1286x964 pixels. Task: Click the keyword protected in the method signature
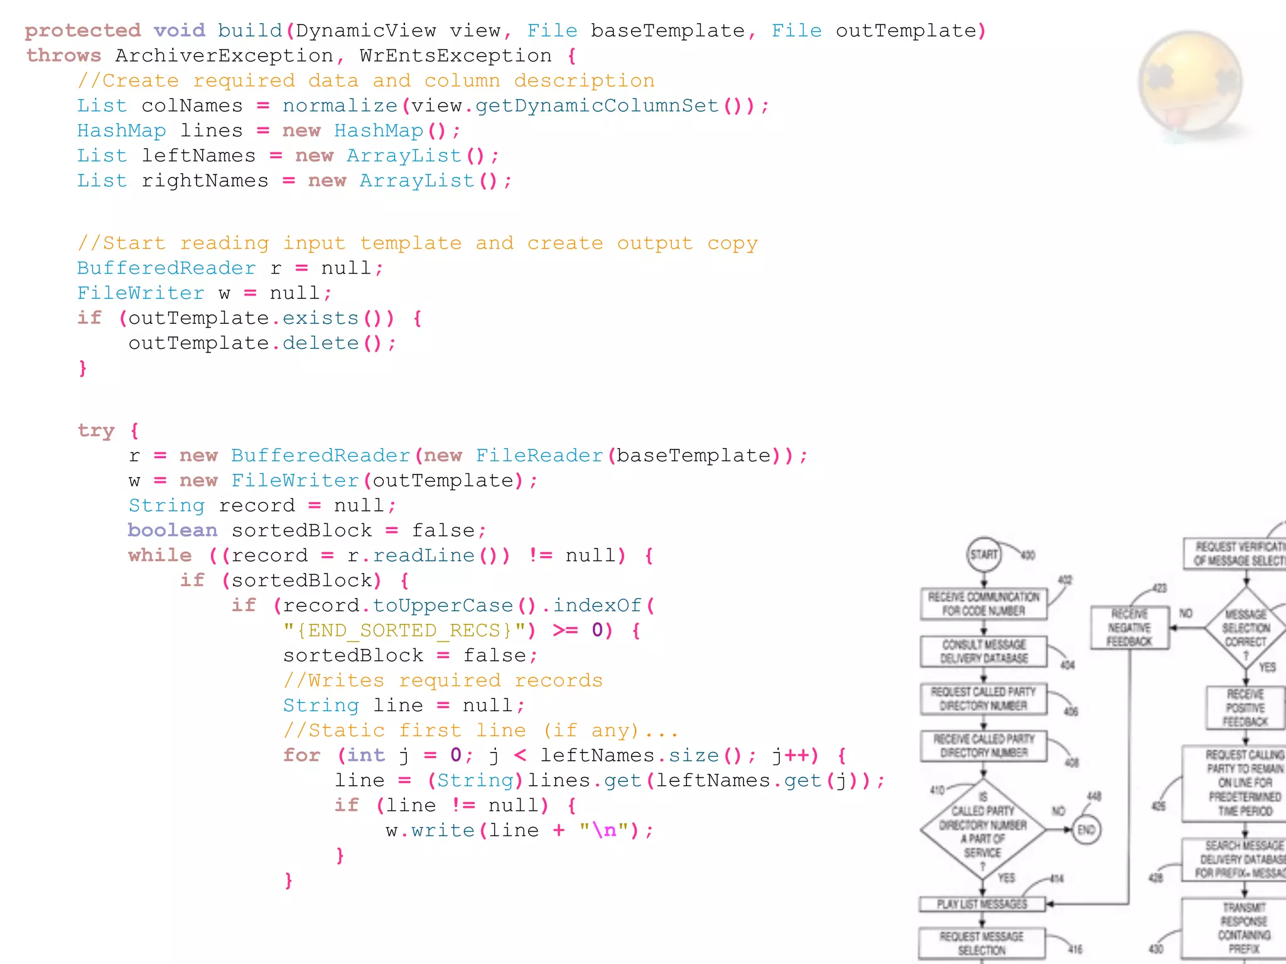tap(82, 31)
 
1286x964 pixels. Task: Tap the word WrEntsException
tap(455, 56)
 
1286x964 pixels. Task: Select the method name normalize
tap(340, 106)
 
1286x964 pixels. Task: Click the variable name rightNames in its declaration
tap(205, 181)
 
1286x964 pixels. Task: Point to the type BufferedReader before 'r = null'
tap(166, 269)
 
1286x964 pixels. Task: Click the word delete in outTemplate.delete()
tap(320, 343)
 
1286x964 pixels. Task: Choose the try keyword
tap(96, 431)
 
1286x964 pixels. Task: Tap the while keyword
tap(159, 555)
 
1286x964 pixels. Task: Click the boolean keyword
tap(172, 530)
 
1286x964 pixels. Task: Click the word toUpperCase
tap(443, 606)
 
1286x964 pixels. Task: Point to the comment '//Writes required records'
tap(443, 680)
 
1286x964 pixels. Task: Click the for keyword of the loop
tap(301, 755)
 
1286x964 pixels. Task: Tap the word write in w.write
tap(443, 830)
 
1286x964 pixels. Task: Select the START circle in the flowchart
tap(983, 554)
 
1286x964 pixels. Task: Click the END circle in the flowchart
tap(1086, 830)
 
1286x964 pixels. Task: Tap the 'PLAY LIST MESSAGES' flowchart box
tap(982, 904)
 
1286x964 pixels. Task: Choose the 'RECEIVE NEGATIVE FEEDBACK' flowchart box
tap(1129, 627)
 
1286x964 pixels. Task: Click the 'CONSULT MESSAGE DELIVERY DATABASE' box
tap(983, 651)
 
